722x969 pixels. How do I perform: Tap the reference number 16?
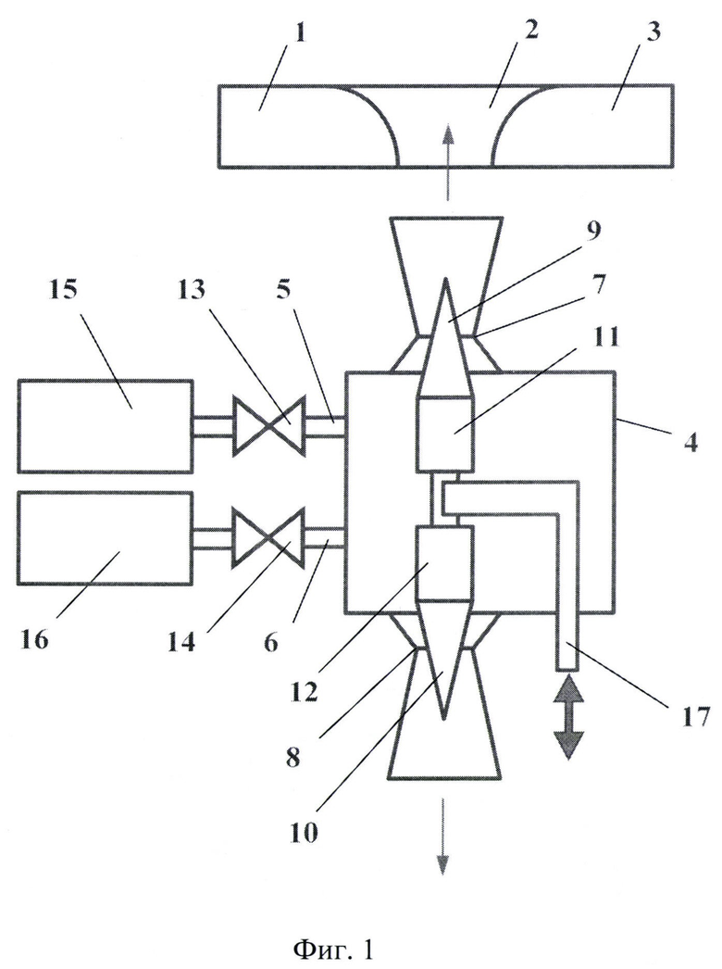(x=34, y=639)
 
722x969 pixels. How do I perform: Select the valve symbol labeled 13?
(x=268, y=426)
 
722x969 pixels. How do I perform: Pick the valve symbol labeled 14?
(x=268, y=537)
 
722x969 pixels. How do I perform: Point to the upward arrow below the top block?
(x=446, y=162)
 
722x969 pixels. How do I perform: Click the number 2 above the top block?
(x=530, y=31)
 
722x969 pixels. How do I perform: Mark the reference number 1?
(x=301, y=34)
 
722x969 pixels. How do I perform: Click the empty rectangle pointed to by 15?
(x=106, y=426)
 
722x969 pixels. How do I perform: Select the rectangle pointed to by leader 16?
(x=106, y=537)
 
